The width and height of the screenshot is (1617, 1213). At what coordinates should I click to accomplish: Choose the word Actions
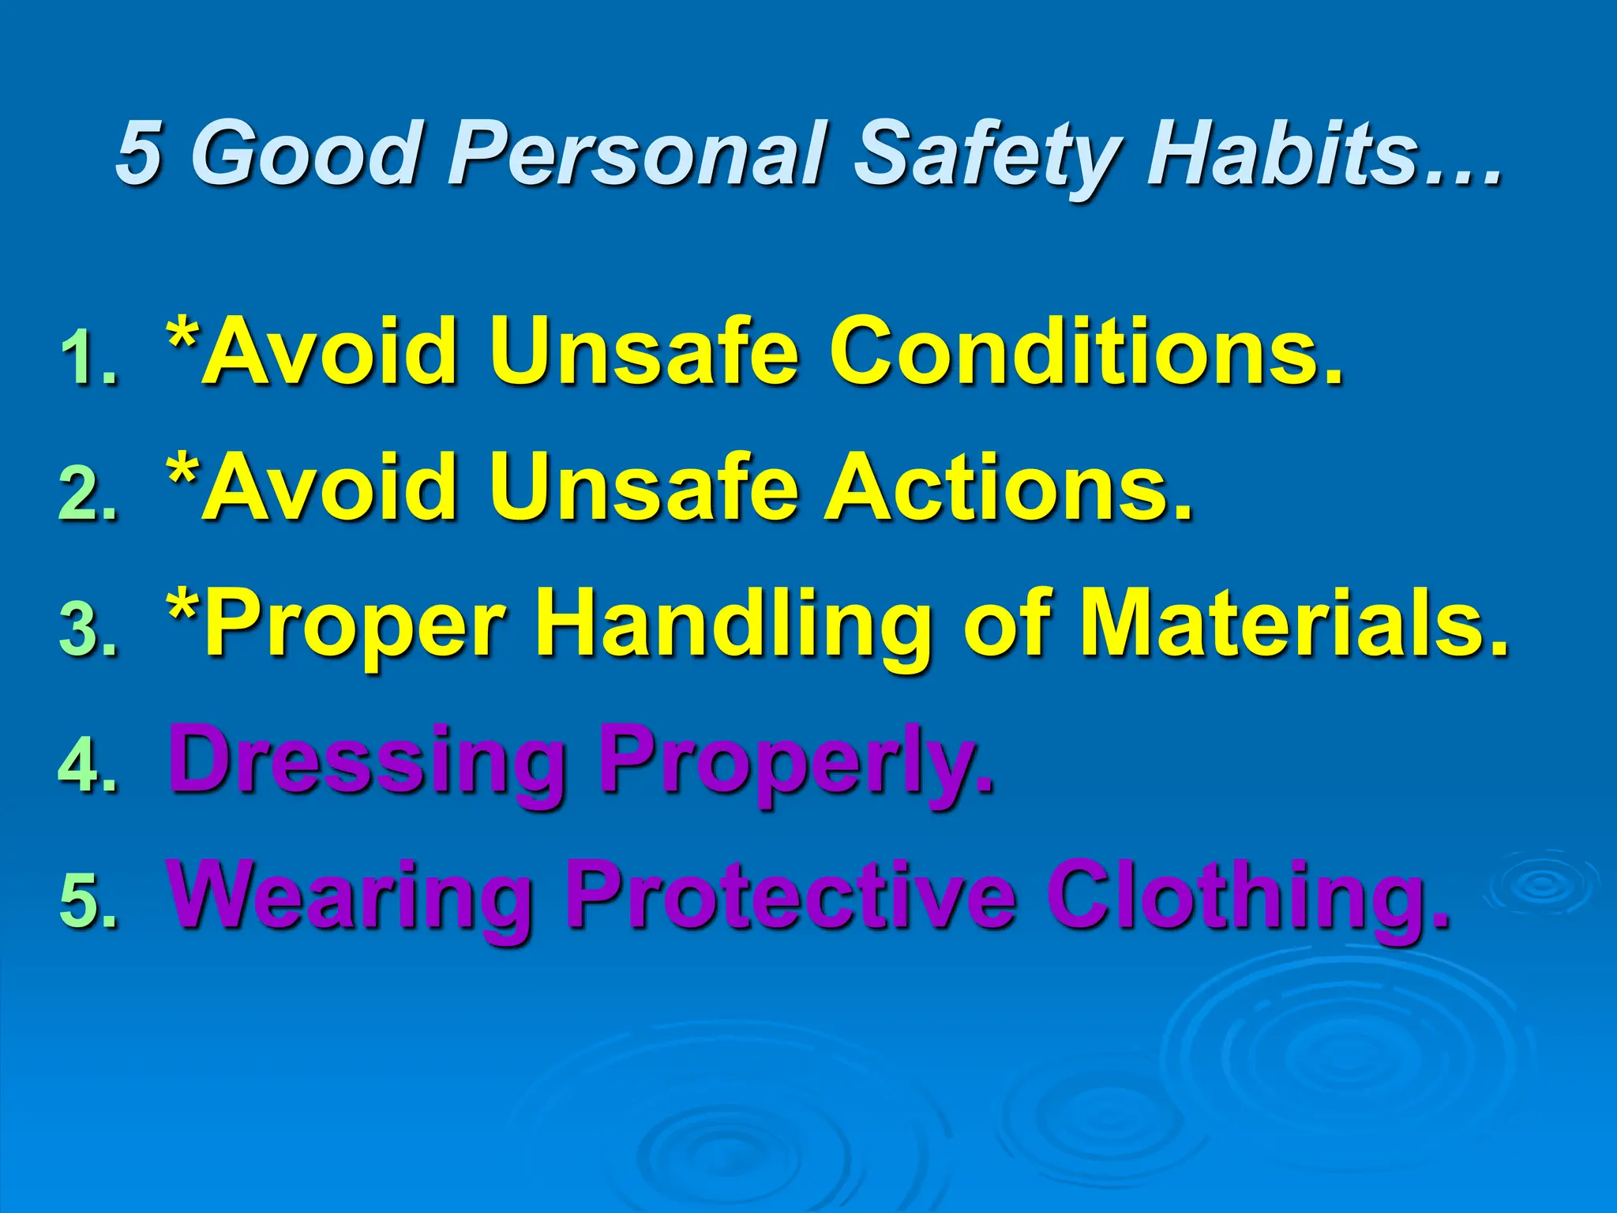pyautogui.click(x=1007, y=486)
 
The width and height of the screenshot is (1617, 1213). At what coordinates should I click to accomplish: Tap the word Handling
pyautogui.click(x=734, y=624)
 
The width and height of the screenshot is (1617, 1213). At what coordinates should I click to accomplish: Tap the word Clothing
pyautogui.click(x=1247, y=896)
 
